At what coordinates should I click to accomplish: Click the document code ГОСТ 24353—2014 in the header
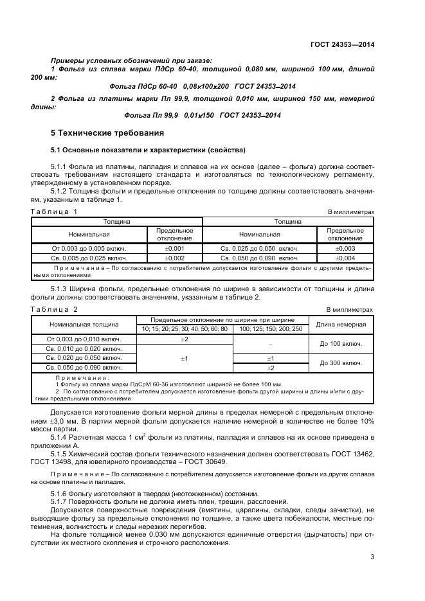[342, 44]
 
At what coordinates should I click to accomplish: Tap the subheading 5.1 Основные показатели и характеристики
[148, 150]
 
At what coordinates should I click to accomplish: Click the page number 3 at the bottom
[372, 557]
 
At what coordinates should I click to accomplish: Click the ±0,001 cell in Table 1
[175, 247]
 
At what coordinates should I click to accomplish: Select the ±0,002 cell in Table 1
[175, 258]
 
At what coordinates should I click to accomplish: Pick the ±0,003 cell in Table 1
[345, 247]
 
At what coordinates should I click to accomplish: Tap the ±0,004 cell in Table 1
[345, 258]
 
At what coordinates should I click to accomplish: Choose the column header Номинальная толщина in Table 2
[84, 324]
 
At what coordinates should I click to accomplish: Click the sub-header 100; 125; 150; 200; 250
[270, 328]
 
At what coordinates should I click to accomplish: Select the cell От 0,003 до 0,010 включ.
[84, 339]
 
